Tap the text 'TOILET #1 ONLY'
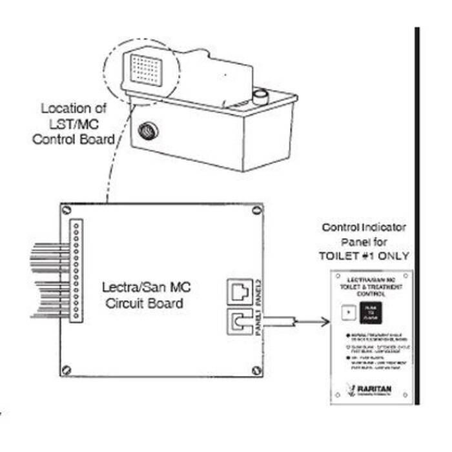[364, 254]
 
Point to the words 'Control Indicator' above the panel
[364, 229]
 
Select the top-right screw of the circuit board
[258, 211]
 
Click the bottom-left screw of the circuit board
[67, 371]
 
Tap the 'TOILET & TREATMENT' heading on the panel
[371, 285]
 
